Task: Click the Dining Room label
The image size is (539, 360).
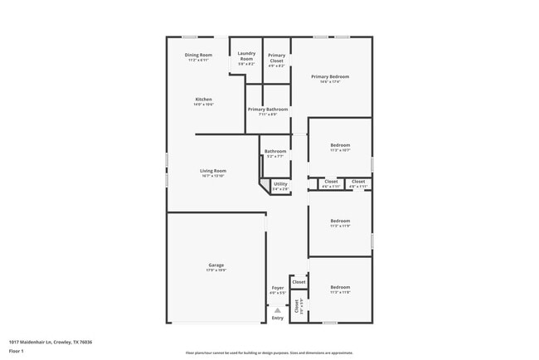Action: tap(198, 55)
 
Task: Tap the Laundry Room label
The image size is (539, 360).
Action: tap(246, 56)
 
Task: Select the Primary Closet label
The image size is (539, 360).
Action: tap(276, 57)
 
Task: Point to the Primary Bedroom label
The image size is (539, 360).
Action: tap(330, 76)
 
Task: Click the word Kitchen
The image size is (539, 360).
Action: tap(203, 99)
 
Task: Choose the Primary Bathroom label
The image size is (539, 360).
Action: tap(267, 109)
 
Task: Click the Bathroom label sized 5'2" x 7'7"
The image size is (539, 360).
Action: tap(275, 151)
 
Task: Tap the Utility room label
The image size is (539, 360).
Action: tap(280, 184)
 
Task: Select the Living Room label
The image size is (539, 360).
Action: tap(213, 171)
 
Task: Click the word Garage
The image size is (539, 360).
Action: tap(216, 265)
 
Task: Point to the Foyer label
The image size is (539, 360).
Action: tap(277, 288)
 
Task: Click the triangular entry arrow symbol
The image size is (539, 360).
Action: tap(277, 310)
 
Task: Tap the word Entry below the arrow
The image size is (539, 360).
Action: tap(277, 318)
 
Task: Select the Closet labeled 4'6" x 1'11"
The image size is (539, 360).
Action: tap(331, 181)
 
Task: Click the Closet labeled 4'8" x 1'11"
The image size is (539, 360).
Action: tap(358, 181)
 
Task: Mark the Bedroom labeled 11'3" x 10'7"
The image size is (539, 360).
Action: tap(340, 145)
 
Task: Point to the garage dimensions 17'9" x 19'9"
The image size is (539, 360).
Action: tap(216, 270)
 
